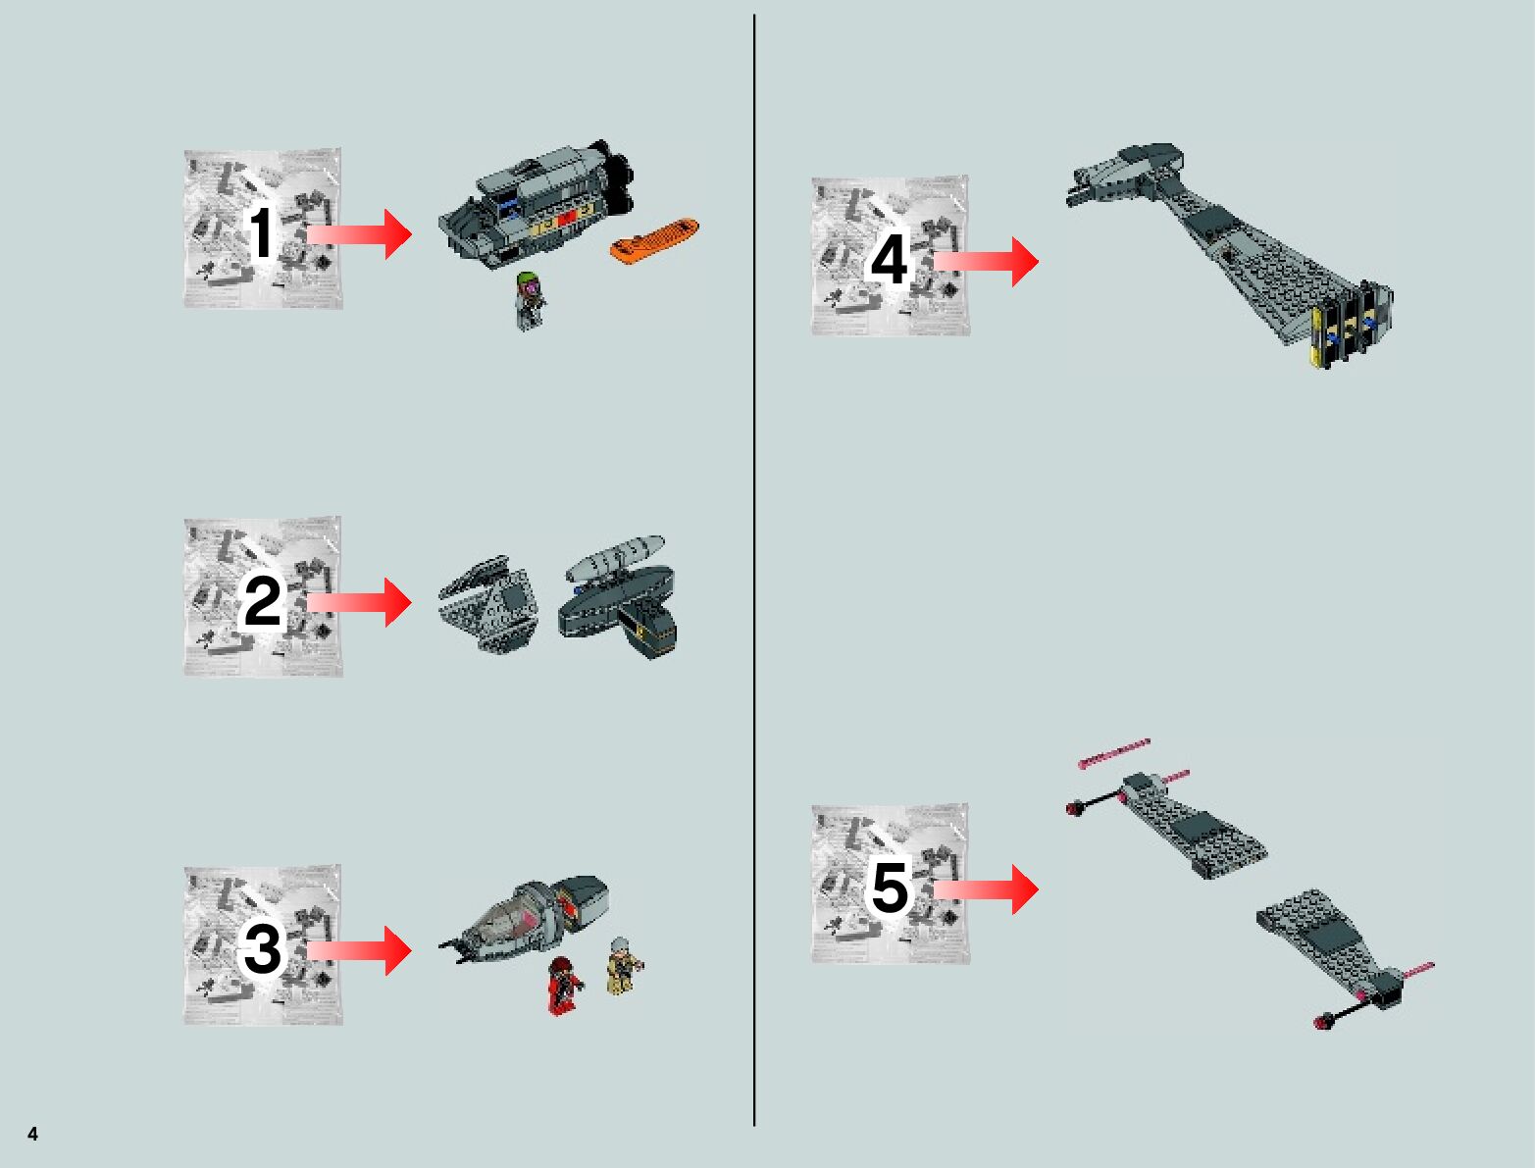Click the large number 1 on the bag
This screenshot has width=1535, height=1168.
tap(262, 232)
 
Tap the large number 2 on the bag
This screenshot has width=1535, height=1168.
tap(262, 601)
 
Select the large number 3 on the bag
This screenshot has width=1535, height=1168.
tap(262, 949)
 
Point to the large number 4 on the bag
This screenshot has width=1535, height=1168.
tap(889, 259)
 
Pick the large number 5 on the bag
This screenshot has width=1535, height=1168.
tap(890, 888)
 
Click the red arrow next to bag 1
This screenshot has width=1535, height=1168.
tap(359, 234)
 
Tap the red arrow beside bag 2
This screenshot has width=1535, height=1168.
tap(359, 602)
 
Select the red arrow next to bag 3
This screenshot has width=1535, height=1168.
tap(359, 950)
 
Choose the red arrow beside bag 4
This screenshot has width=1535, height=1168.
tap(986, 262)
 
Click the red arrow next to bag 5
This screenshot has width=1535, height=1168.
tap(986, 889)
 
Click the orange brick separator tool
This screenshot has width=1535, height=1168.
tap(654, 240)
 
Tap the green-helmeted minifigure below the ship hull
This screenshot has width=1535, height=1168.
tap(530, 300)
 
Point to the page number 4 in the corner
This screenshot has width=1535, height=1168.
tap(33, 1134)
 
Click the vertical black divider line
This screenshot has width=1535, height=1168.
tap(754, 570)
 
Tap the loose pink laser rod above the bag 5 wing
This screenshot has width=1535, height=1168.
tap(1114, 753)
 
